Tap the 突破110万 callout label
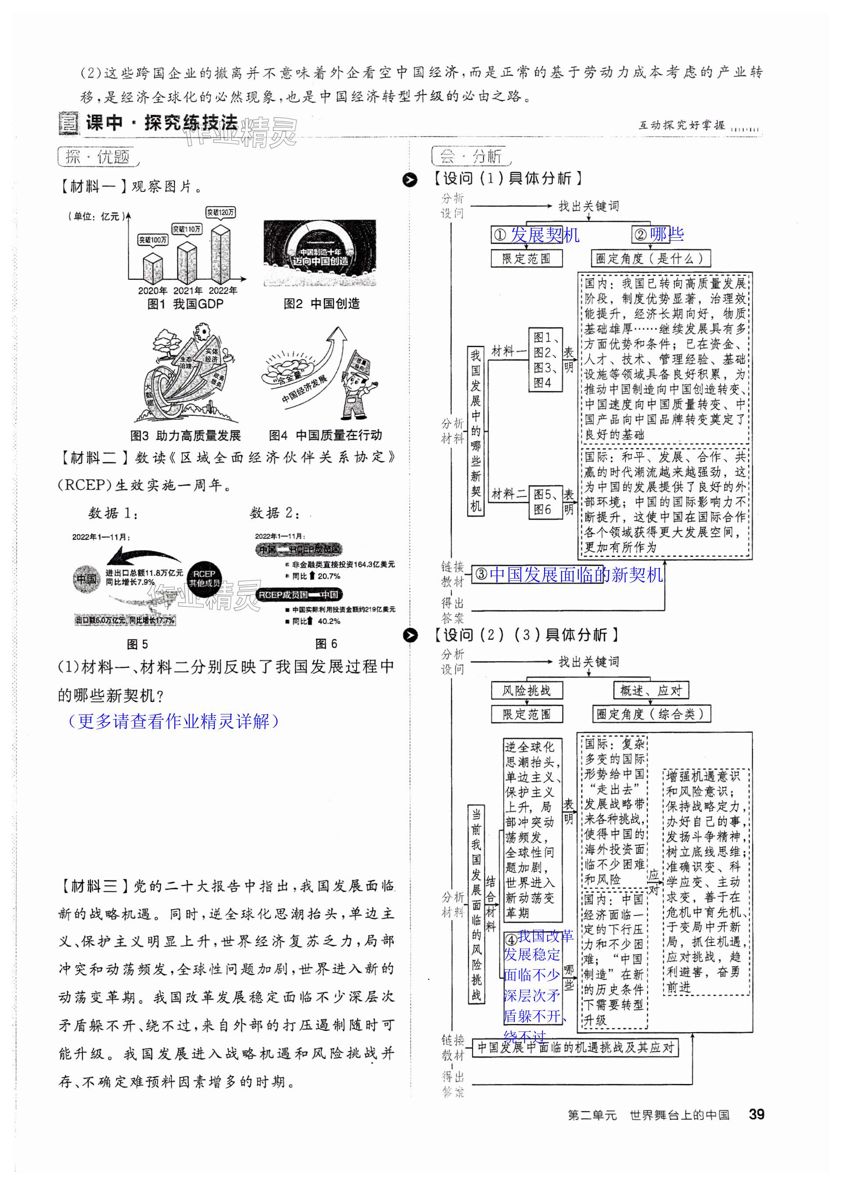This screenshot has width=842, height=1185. point(187,229)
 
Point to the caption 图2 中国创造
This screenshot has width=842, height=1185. point(322,304)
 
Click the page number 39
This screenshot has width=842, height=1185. point(757,1115)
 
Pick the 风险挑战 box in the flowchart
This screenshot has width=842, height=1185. point(526,691)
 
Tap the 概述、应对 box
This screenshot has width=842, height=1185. point(651,691)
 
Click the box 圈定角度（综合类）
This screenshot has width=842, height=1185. point(651,714)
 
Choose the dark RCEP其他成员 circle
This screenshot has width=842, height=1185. point(204,578)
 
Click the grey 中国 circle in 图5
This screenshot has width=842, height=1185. point(86,578)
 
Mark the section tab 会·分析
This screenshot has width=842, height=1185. point(471,156)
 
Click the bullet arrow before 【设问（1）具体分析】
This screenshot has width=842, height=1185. point(410,180)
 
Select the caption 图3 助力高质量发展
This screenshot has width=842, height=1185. point(186,435)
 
